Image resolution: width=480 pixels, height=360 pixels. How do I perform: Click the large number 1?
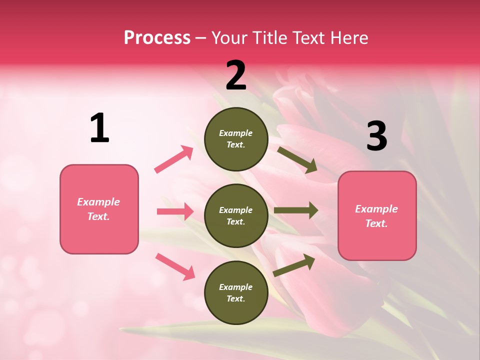coord(99,128)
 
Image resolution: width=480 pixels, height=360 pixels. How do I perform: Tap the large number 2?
coord(236,75)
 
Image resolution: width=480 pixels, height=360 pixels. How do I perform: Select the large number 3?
coord(376,136)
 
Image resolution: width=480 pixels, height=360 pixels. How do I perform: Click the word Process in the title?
coord(157,37)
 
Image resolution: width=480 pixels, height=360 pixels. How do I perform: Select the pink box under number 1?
coord(99,209)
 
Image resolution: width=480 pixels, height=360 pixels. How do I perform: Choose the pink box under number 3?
coord(377,215)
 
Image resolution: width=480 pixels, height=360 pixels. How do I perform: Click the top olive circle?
coord(236,139)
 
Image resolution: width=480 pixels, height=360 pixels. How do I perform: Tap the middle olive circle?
coord(236,215)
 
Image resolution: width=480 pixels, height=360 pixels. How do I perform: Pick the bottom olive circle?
coord(236,292)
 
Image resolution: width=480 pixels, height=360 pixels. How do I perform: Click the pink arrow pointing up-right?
coord(174,159)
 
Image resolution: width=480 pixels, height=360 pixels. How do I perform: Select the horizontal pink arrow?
coord(175,211)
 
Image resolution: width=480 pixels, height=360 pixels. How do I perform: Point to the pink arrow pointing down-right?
coord(175,266)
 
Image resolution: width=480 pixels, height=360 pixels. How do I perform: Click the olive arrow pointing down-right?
coord(297,159)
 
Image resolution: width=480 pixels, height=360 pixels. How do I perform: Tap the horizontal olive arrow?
coord(295,210)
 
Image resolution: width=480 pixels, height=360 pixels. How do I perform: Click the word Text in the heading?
coord(306,37)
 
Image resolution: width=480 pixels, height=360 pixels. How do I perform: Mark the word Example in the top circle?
coord(236,133)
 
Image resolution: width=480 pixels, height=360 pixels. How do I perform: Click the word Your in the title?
coord(228,37)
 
